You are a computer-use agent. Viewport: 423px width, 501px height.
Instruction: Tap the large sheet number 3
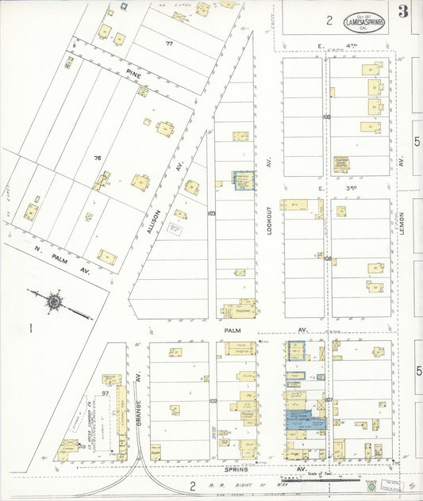pos(404,11)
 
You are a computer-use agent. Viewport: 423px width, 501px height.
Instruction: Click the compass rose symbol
pos(55,301)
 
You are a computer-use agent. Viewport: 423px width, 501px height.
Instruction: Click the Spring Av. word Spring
pos(236,469)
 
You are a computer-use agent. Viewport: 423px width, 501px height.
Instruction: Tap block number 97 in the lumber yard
pos(105,393)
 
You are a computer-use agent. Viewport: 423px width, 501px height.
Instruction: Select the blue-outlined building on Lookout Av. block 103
pos(243,180)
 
